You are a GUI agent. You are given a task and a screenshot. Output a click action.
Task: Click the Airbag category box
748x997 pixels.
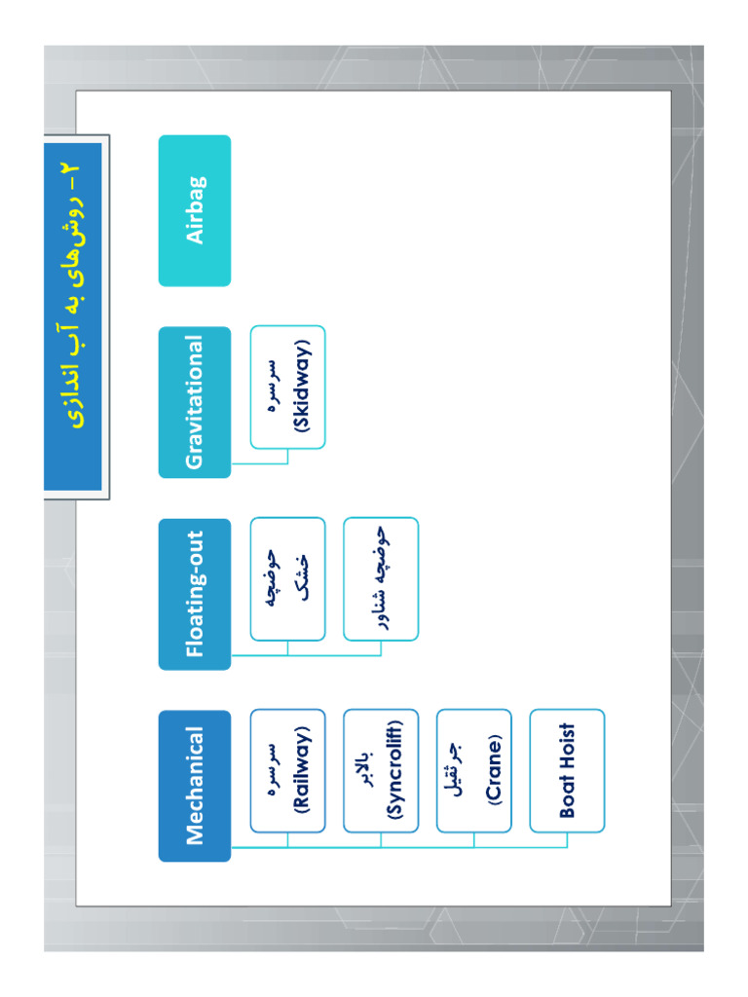195,210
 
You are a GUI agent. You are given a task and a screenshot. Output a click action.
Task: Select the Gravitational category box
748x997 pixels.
195,402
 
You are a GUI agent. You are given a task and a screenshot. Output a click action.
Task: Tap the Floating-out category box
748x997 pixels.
195,594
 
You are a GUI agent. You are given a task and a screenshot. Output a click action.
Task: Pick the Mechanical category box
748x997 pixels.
195,786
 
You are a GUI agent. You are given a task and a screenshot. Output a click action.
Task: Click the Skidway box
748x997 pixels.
287,388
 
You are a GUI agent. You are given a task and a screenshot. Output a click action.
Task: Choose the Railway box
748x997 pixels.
287,771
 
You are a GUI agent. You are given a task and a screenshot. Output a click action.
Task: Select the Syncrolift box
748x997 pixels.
381,771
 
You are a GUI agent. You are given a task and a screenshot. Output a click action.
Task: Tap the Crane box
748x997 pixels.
474,771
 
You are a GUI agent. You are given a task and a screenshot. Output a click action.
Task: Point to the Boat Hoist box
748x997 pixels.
568,771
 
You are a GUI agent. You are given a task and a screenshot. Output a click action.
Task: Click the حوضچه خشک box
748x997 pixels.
287,578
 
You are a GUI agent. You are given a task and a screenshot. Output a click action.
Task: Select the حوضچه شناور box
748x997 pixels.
381,578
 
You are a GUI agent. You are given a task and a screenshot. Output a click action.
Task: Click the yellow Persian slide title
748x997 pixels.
72,295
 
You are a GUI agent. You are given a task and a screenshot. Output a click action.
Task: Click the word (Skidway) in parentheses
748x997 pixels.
302,387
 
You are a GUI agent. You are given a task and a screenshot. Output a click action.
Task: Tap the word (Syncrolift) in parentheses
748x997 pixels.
394,770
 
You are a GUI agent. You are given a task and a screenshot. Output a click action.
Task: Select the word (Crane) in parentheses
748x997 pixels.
494,770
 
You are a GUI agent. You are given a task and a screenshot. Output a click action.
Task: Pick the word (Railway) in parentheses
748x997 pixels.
302,770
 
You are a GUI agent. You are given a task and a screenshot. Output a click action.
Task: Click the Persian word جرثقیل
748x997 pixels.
456,769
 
